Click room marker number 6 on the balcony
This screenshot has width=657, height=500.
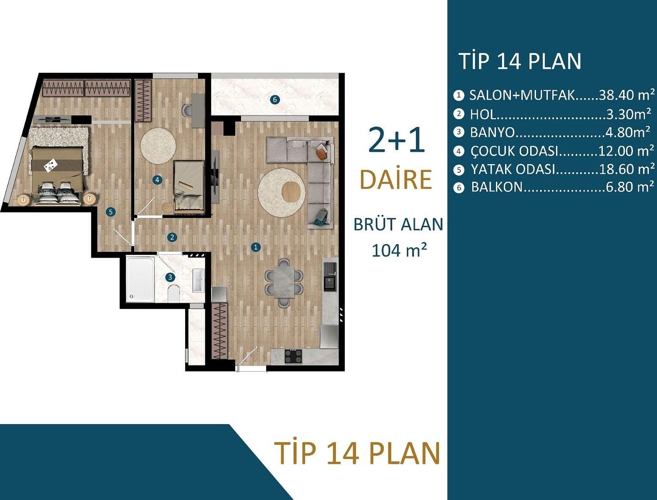[x=274, y=100]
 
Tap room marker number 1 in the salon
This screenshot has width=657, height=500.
[x=256, y=247]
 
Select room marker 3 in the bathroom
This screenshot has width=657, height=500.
[x=170, y=277]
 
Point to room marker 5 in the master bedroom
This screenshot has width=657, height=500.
[x=110, y=212]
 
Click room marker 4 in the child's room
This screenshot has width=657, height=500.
[x=157, y=180]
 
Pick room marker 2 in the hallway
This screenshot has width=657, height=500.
[x=172, y=237]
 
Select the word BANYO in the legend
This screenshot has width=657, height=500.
[x=492, y=132]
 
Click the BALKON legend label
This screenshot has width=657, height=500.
[x=496, y=187]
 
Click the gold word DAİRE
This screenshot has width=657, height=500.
[x=395, y=180]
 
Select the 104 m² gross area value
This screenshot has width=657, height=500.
[x=399, y=250]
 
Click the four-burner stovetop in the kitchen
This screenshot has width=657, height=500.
[x=293, y=356]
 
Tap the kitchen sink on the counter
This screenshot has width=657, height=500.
[x=329, y=283]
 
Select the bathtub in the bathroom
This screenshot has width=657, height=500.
[x=140, y=280]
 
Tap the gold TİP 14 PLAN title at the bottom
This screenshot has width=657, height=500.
[x=357, y=453]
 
